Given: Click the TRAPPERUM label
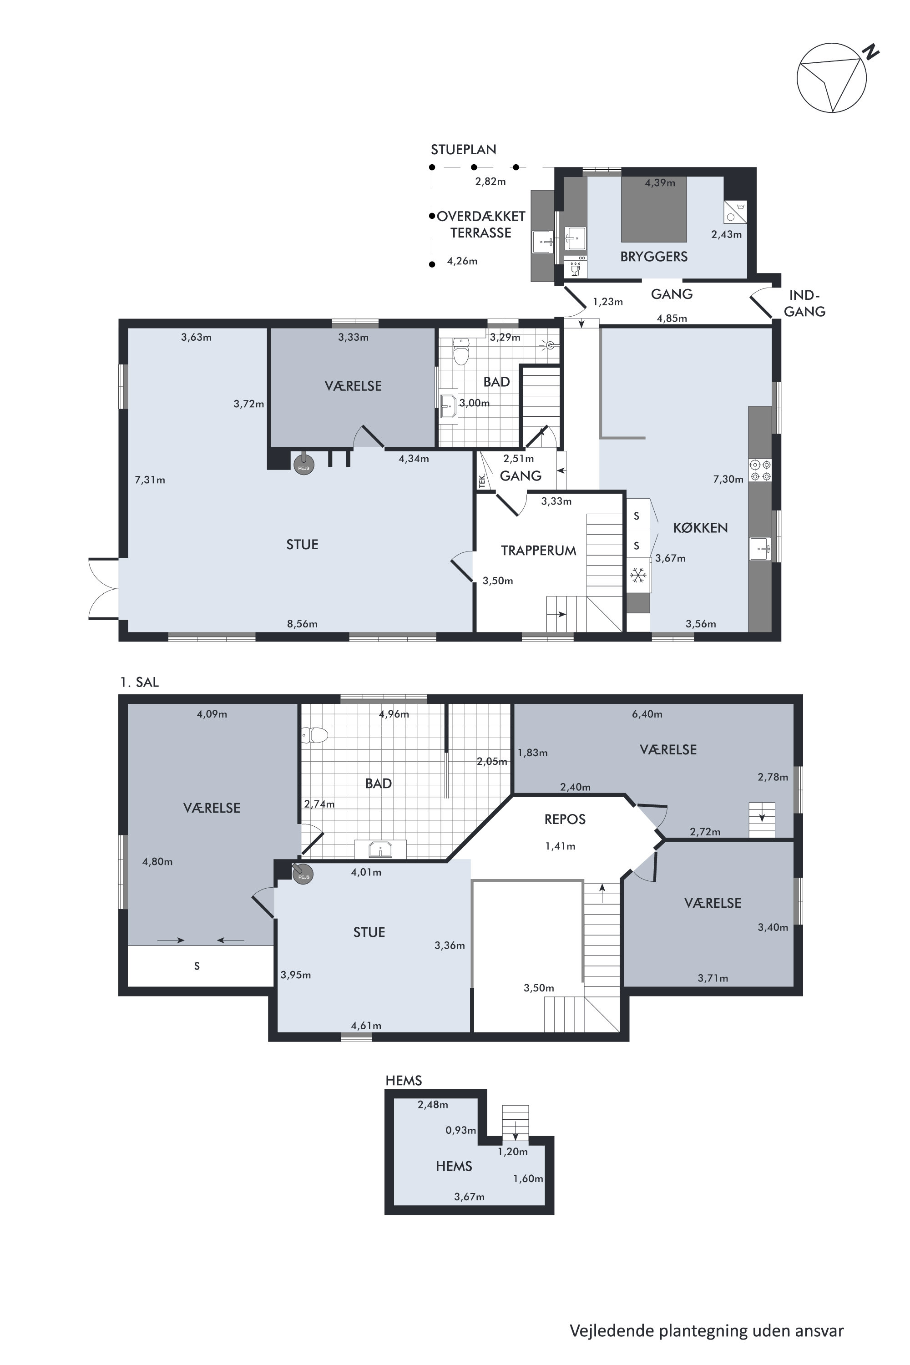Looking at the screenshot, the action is (x=539, y=551).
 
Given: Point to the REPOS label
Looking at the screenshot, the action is (x=565, y=819).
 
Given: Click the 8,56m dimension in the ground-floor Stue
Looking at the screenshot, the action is (x=303, y=624).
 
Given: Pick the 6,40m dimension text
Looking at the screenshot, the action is (x=647, y=714).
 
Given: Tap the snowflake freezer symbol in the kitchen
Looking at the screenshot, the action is (x=638, y=576).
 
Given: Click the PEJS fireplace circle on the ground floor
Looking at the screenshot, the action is (x=303, y=465).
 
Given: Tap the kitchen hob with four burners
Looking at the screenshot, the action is (x=760, y=470).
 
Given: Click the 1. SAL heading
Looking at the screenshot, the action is (x=139, y=682).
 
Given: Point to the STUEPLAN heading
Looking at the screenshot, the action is (x=463, y=150).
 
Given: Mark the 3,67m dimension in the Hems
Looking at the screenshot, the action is (x=469, y=1197).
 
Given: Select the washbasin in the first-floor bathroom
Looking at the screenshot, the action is (x=381, y=849).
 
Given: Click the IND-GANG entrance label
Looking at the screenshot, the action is (x=804, y=303).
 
